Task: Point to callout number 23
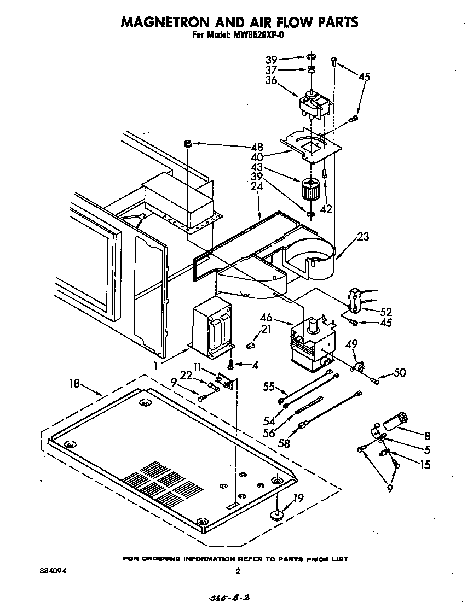(x=362, y=237)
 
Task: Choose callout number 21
(x=266, y=329)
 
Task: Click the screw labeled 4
(x=232, y=363)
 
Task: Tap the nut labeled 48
(x=188, y=143)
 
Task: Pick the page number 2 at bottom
(x=237, y=571)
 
